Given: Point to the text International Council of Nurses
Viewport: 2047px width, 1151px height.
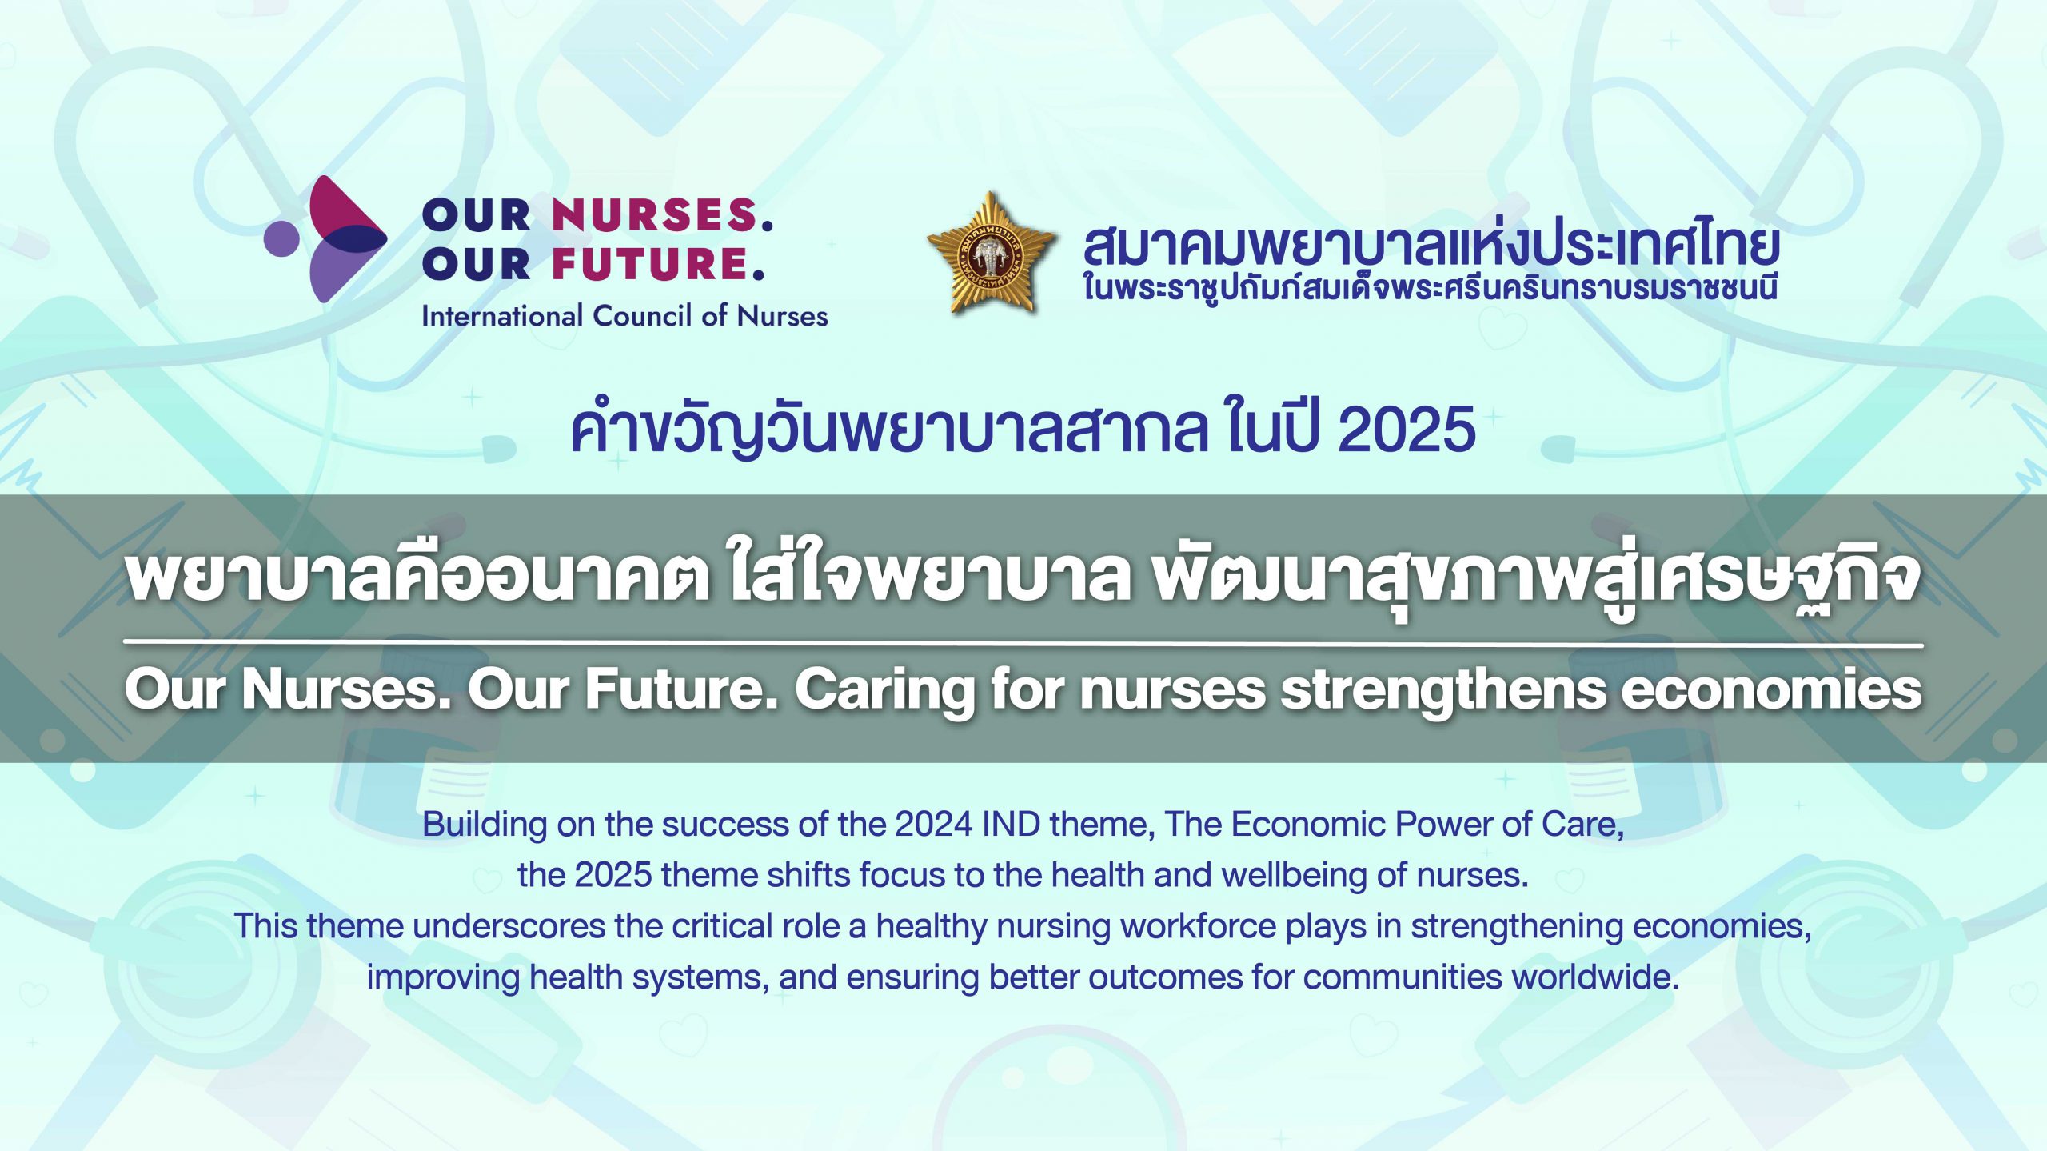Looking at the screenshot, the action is click(x=624, y=316).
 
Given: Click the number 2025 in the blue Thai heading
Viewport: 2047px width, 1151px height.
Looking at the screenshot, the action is click(x=1407, y=430).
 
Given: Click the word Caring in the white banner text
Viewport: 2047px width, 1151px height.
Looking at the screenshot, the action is click(x=884, y=691).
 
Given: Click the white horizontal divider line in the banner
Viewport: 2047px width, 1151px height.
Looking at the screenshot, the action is click(x=1023, y=643).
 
